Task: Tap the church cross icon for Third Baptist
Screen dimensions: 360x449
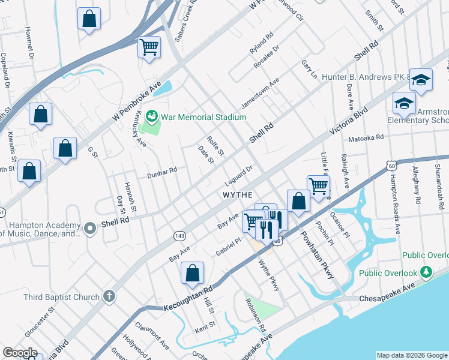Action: click(x=109, y=295)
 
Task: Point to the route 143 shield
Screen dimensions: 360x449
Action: click(x=179, y=235)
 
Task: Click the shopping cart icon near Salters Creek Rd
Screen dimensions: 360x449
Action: click(x=149, y=47)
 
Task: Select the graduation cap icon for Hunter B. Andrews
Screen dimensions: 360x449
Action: click(x=421, y=80)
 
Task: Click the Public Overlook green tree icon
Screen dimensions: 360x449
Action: click(x=426, y=273)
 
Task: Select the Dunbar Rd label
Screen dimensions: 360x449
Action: click(x=162, y=173)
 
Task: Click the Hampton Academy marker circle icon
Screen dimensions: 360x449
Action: click(x=90, y=228)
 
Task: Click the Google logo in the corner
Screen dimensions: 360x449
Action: click(x=20, y=352)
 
